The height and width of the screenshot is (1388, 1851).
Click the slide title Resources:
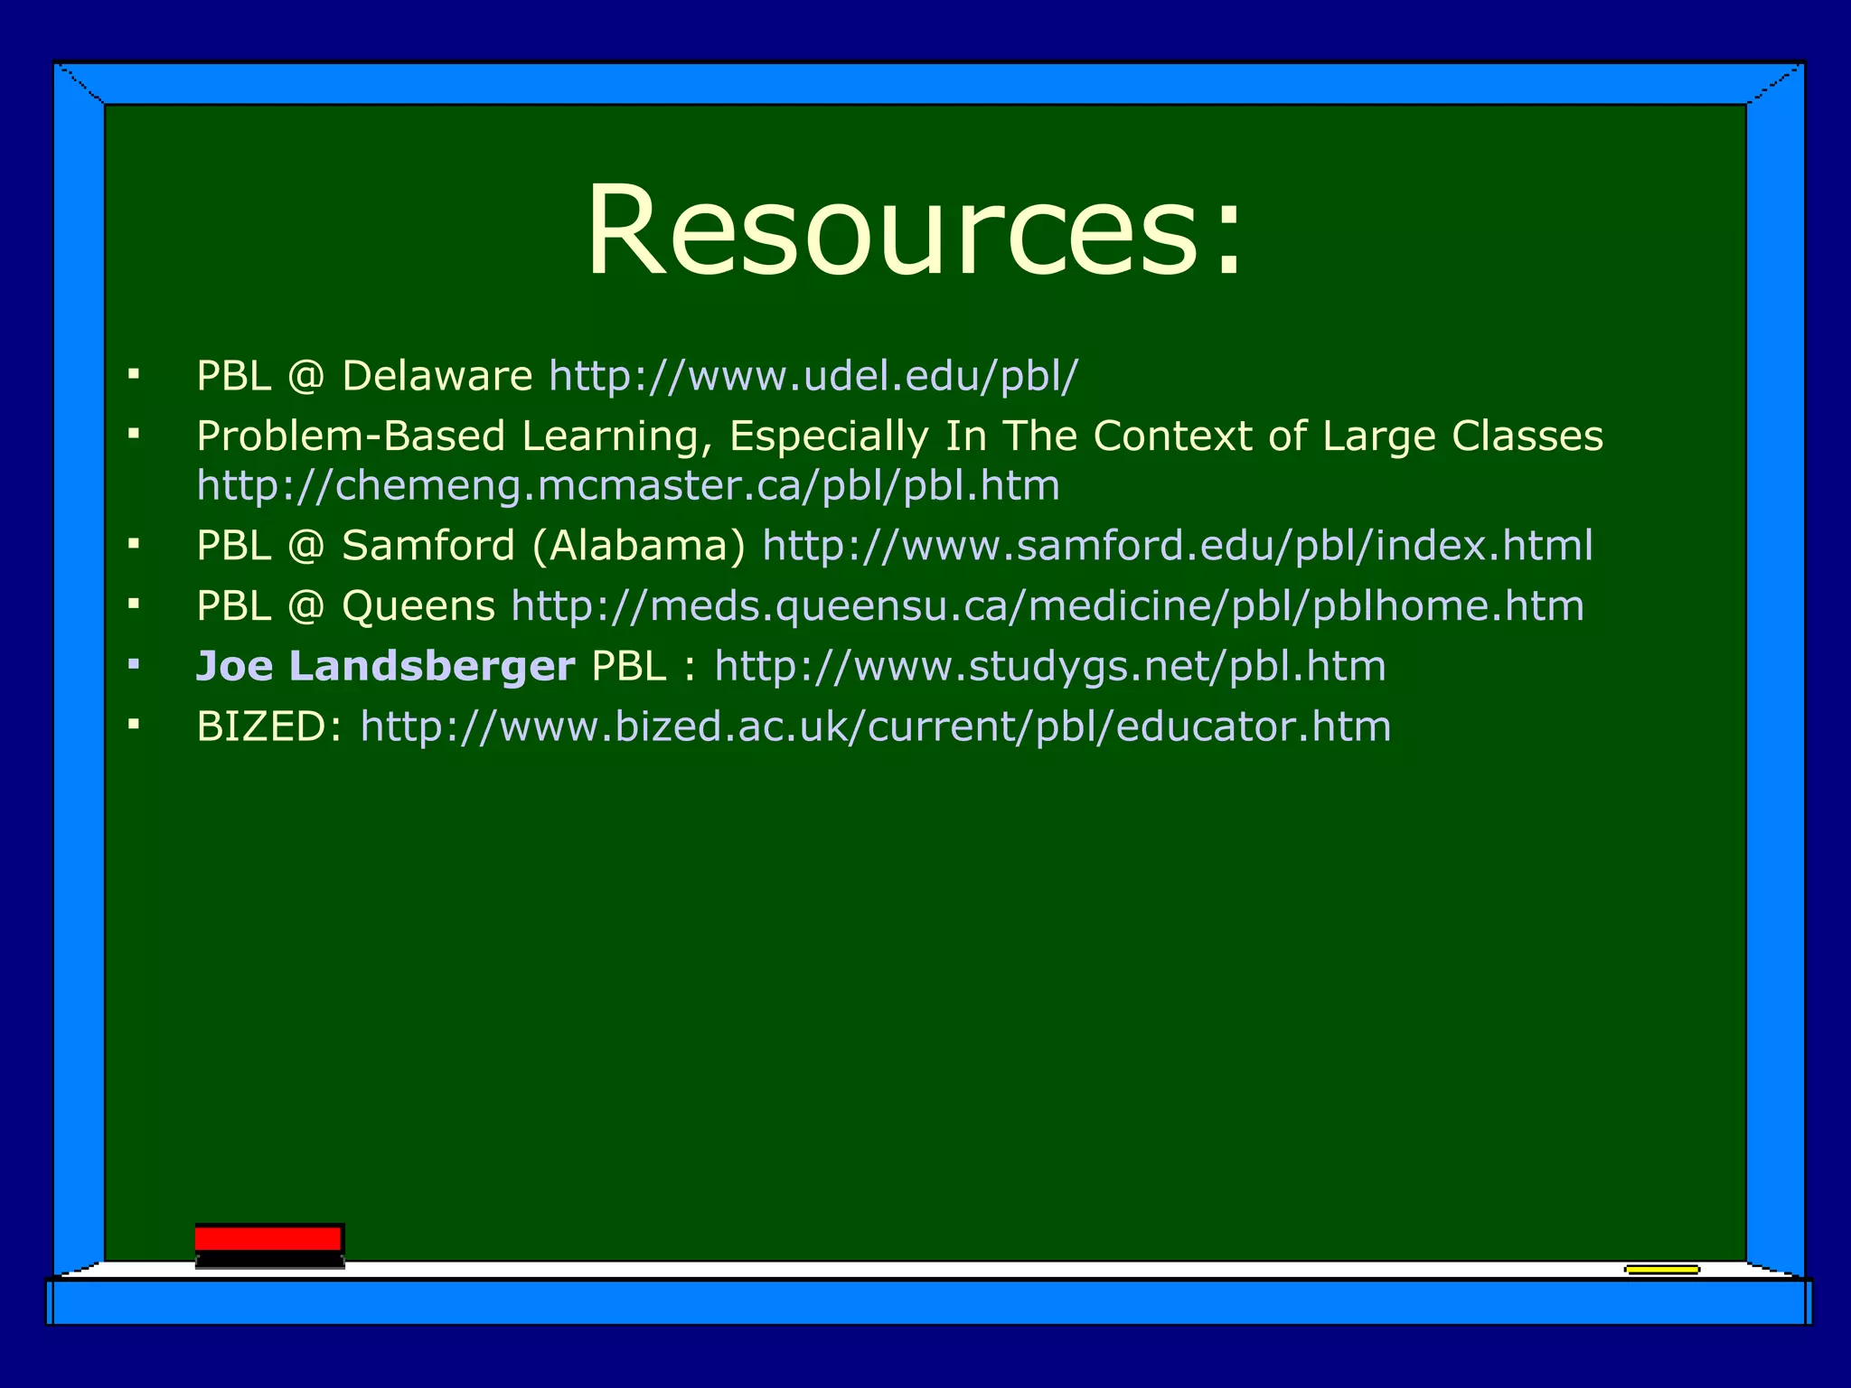[915, 230]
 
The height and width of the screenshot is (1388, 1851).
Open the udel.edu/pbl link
[813, 376]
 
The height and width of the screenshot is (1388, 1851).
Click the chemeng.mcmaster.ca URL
[628, 486]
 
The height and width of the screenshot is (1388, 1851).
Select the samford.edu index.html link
[1178, 546]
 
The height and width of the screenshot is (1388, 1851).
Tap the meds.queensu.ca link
[1048, 606]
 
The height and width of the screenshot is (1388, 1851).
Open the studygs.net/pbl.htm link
[1050, 667]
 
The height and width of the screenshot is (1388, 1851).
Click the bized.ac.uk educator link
[876, 727]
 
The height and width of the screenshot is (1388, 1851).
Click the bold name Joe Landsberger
[386, 667]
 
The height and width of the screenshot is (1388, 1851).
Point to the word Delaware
[437, 376]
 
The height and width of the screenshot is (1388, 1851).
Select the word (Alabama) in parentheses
[639, 546]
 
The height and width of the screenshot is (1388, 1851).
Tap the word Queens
[418, 606]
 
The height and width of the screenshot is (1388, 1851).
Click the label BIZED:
[269, 727]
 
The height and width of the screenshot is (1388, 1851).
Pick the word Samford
[428, 546]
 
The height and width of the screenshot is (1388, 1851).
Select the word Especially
[829, 436]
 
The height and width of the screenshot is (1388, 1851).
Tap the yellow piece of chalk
[1661, 1270]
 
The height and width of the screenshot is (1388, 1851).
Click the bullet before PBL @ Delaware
[134, 373]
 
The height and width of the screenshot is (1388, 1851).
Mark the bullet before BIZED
[134, 724]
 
